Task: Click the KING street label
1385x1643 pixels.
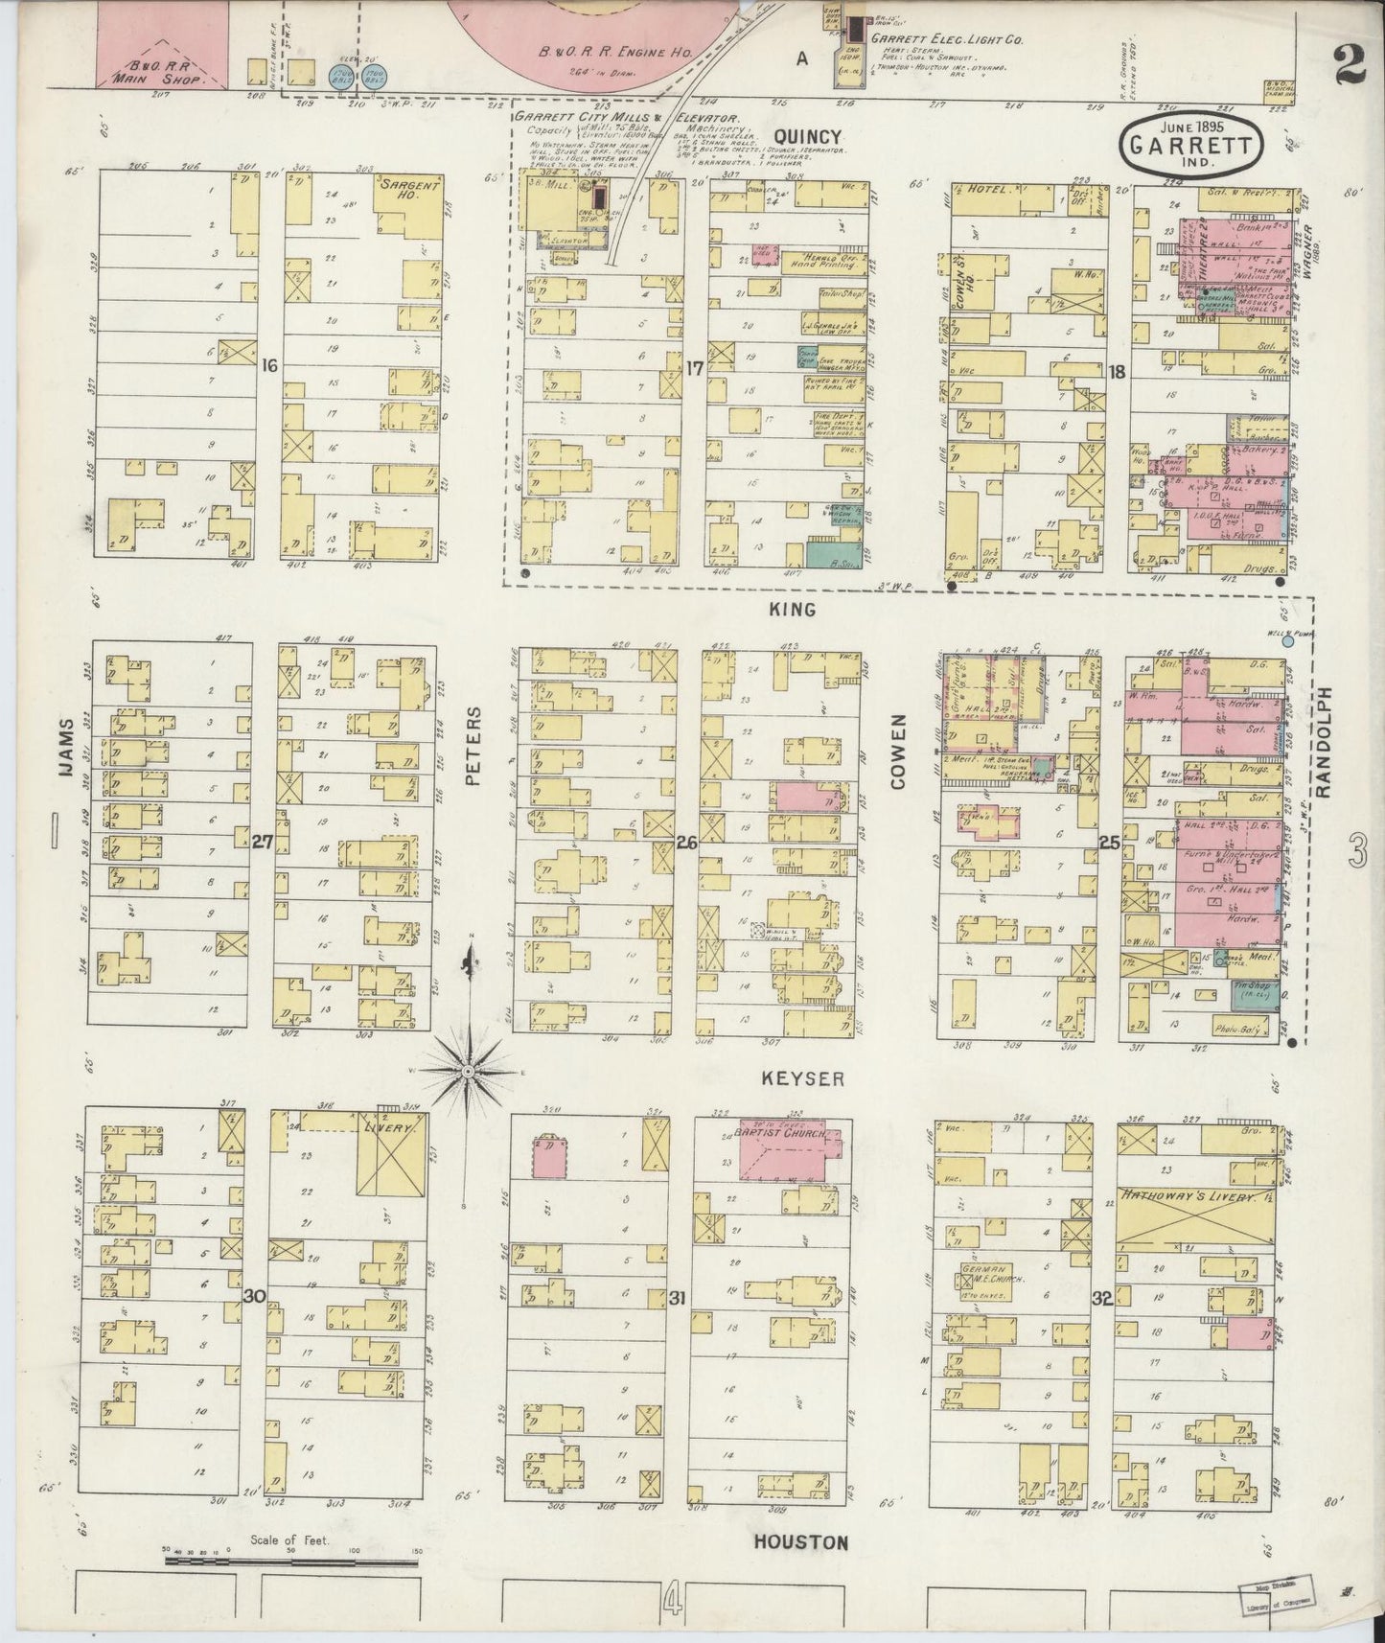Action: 792,609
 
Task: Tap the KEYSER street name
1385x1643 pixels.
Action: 802,1078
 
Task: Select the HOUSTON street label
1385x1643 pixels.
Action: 800,1542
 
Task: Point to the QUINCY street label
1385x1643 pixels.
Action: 807,137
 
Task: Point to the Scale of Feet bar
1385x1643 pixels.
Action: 291,1562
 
